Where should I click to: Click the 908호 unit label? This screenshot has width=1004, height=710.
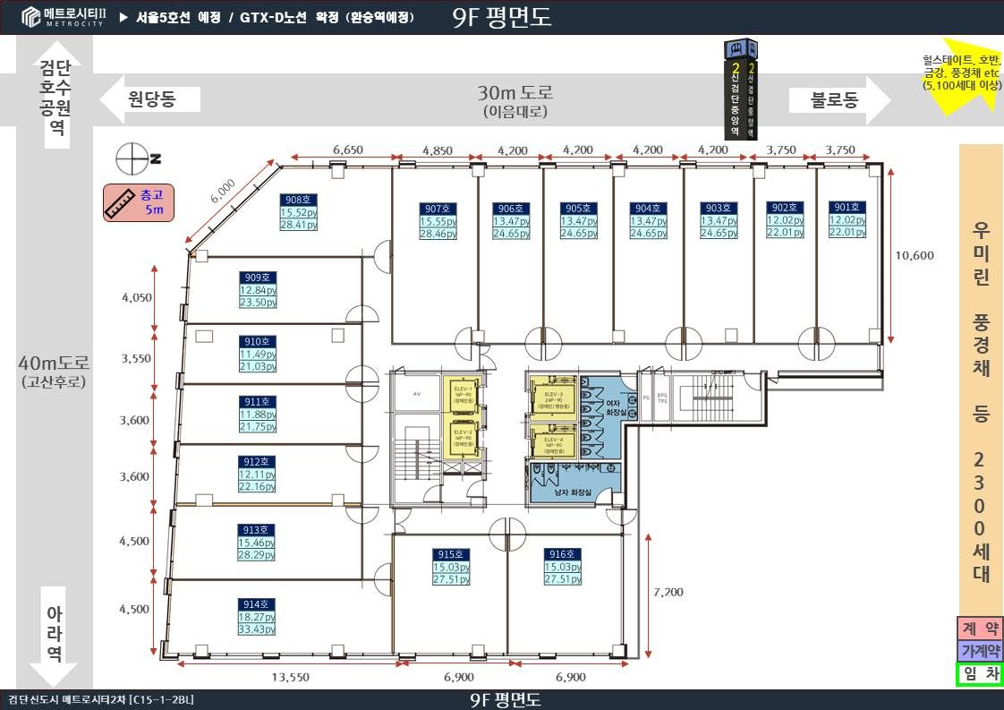298,201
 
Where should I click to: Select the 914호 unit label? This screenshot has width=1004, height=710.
256,604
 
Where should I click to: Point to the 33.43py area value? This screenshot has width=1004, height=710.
256,629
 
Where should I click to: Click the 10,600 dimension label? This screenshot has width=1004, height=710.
914,255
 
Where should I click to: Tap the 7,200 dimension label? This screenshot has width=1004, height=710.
668,592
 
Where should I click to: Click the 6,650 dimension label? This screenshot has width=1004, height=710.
347,150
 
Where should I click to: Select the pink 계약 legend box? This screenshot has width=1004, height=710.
979,628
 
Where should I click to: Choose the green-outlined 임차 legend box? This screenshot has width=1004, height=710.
979,674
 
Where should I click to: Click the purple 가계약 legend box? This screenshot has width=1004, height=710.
979,651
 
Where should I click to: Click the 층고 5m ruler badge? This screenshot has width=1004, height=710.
139,202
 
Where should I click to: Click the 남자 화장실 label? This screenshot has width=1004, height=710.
573,492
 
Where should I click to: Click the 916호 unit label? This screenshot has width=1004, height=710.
563,555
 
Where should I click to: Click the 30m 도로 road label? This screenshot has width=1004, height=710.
515,92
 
